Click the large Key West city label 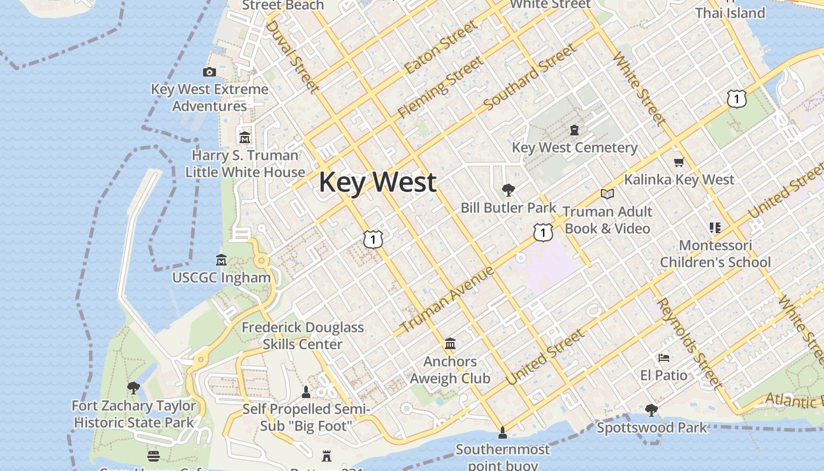click(x=377, y=182)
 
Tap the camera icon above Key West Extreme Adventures click(x=209, y=72)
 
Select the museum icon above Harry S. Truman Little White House click(x=245, y=138)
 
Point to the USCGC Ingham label click(x=221, y=277)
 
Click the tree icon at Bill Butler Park click(x=508, y=190)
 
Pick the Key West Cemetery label click(x=574, y=147)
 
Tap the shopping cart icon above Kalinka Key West click(x=679, y=162)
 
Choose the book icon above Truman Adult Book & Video click(x=607, y=194)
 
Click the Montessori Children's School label click(x=715, y=254)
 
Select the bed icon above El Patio click(x=663, y=357)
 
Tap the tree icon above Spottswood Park click(x=651, y=410)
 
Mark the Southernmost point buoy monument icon click(x=502, y=433)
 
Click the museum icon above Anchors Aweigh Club click(x=450, y=343)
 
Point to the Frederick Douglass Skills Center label click(x=303, y=336)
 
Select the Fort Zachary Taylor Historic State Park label click(x=134, y=414)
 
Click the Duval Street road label click(x=292, y=57)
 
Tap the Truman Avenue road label click(x=447, y=299)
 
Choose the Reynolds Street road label click(x=689, y=343)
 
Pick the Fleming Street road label click(x=440, y=87)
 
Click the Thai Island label click(x=730, y=13)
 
